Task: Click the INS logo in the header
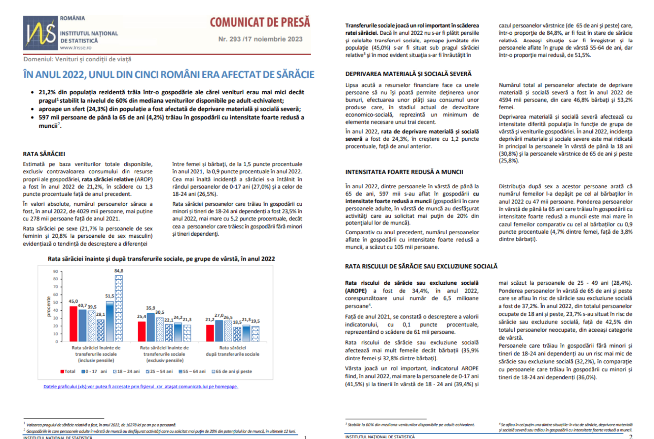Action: (40, 33)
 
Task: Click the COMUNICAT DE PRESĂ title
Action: (260, 22)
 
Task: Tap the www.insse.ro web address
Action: (76, 48)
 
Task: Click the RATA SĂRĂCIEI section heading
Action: (44, 154)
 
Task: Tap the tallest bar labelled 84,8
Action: (119, 308)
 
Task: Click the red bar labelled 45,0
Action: (73, 324)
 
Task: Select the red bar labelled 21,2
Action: (210, 333)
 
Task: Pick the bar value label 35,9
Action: (151, 308)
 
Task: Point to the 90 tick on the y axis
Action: (56, 271)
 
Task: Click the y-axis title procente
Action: (48, 307)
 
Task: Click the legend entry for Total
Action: (68, 371)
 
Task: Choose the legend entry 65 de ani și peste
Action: (232, 371)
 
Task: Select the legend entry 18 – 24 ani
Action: (127, 371)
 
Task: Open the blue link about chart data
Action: (141, 387)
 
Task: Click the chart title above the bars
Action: (161, 259)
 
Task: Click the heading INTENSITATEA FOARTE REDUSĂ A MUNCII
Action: (404, 172)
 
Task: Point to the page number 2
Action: (630, 437)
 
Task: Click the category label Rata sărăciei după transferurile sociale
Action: (232, 351)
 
